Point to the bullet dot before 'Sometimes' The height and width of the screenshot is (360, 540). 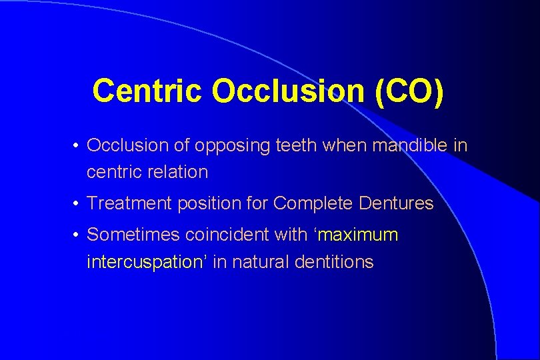pos(78,235)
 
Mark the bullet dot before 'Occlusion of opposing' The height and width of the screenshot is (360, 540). pos(78,146)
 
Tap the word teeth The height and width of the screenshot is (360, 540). pos(296,145)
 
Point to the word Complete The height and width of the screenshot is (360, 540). pos(312,203)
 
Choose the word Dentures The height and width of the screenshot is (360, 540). pos(396,203)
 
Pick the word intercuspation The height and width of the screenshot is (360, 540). pos(145,262)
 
